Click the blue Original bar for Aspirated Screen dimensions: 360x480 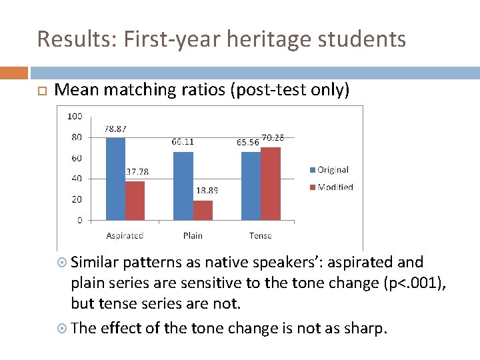coord(115,179)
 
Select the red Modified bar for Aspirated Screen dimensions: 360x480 coord(135,200)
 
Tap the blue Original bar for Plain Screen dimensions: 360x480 coord(183,185)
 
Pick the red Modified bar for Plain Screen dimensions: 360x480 coord(203,210)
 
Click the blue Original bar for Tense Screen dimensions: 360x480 coord(251,185)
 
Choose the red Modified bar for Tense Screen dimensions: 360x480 coord(271,183)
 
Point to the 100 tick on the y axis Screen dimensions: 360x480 coord(75,116)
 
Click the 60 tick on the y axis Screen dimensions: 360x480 coord(77,158)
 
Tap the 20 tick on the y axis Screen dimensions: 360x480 coord(77,199)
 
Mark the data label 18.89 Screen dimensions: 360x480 coord(207,191)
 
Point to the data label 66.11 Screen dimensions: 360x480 coord(183,142)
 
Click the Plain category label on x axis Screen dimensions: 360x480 coord(193,235)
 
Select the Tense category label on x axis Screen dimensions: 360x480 coord(261,235)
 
